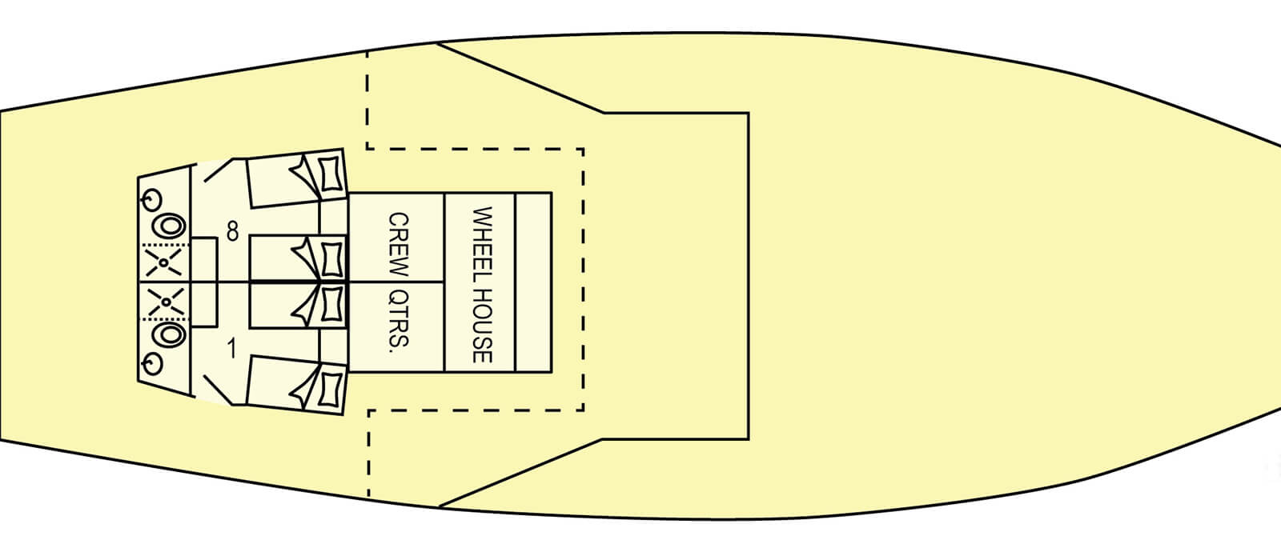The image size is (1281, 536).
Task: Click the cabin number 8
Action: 232,232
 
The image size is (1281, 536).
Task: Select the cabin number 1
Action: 232,350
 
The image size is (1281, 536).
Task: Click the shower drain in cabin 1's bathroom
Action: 164,302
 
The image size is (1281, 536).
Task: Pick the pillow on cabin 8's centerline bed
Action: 331,258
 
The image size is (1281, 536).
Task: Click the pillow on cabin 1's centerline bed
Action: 331,304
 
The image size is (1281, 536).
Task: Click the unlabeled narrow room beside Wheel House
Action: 533,282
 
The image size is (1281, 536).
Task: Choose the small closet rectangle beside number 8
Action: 205,260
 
